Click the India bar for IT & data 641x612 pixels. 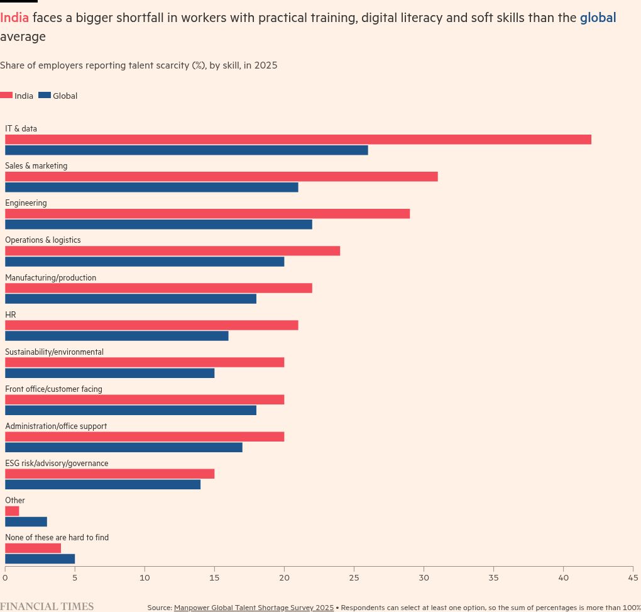click(x=298, y=140)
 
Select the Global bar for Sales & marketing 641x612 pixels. click(x=151, y=187)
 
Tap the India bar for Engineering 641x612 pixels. click(x=207, y=214)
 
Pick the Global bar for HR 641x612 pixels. click(x=117, y=336)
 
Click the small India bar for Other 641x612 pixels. click(x=12, y=511)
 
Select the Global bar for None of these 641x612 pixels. click(x=40, y=559)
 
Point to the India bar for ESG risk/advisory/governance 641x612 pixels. click(x=110, y=474)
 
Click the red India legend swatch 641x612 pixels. click(x=6, y=96)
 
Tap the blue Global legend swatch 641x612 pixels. click(x=45, y=96)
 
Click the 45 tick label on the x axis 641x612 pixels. click(x=633, y=577)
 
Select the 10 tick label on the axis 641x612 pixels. click(x=145, y=577)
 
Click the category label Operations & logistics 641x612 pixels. click(x=43, y=240)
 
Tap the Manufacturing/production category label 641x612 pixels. click(x=50, y=277)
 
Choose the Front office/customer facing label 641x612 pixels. click(x=53, y=389)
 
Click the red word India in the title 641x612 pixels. click(x=14, y=18)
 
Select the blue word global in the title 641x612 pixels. click(x=598, y=18)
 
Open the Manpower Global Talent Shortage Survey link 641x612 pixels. click(x=253, y=608)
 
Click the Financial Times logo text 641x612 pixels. click(x=47, y=606)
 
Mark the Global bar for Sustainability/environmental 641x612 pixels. click(x=110, y=373)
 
